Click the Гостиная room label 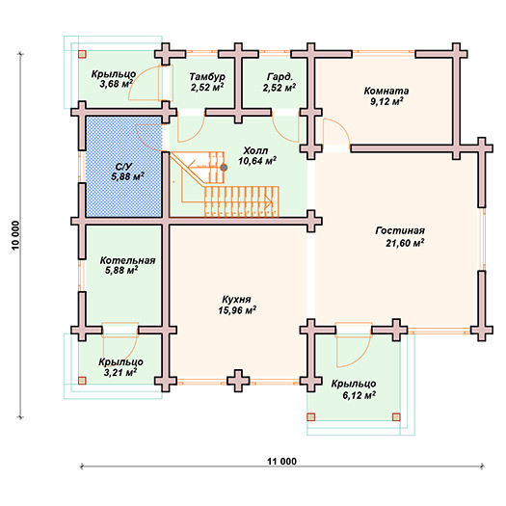pyautogui.click(x=400, y=230)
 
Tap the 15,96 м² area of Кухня pyautogui.click(x=237, y=310)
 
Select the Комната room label pyautogui.click(x=386, y=91)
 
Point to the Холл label pyautogui.click(x=255, y=150)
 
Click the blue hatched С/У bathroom pyautogui.click(x=124, y=167)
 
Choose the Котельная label pyautogui.click(x=127, y=260)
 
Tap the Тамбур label pyautogui.click(x=207, y=77)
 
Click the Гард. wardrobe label pyautogui.click(x=280, y=77)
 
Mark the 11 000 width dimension pyautogui.click(x=281, y=462)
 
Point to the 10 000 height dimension pyautogui.click(x=15, y=235)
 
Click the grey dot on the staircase pyautogui.click(x=224, y=168)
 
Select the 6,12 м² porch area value pyautogui.click(x=359, y=395)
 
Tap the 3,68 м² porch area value pyautogui.click(x=117, y=85)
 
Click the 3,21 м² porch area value pyautogui.click(x=120, y=373)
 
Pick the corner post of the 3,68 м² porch pyautogui.click(x=82, y=54)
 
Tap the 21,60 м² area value pyautogui.click(x=405, y=243)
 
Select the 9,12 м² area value pyautogui.click(x=386, y=102)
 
